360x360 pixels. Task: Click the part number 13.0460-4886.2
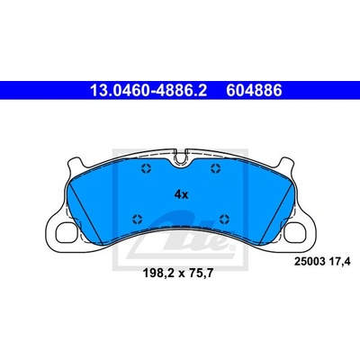click(x=148, y=90)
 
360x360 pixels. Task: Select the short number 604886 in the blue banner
click(x=254, y=90)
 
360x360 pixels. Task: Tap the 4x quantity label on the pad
click(x=181, y=195)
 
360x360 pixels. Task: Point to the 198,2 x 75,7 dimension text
click(x=178, y=273)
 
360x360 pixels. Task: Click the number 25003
click(x=310, y=262)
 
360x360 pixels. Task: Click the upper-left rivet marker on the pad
click(x=146, y=168)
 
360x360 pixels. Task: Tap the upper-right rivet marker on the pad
click(x=215, y=168)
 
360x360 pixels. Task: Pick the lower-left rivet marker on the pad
click(x=138, y=219)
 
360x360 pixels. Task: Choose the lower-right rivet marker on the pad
click(x=224, y=219)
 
